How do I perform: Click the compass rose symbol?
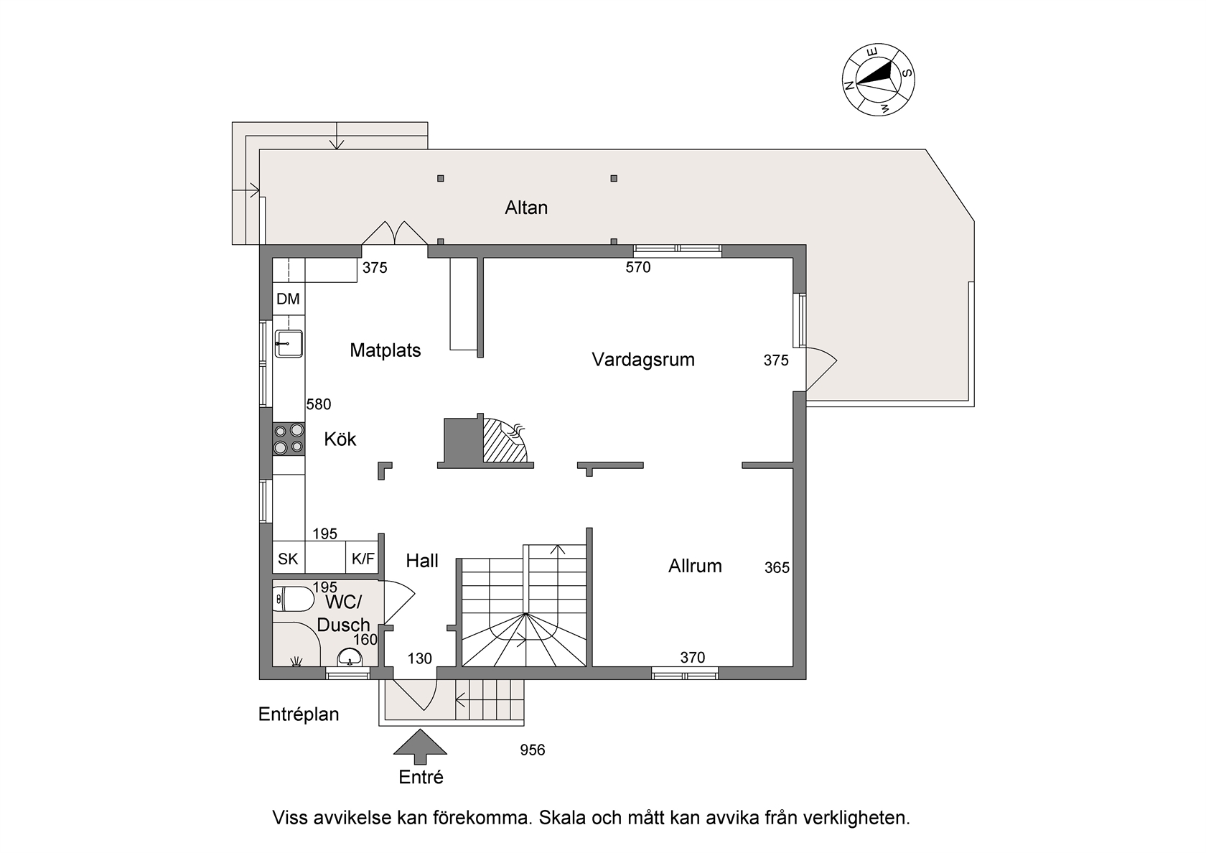point(878,80)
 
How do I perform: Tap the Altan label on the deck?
point(526,208)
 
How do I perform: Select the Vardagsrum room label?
point(643,360)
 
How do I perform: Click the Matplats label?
point(385,350)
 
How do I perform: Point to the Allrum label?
point(695,566)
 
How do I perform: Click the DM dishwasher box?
point(289,299)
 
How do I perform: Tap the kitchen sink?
point(289,343)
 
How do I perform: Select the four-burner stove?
point(289,439)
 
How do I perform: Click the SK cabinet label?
point(288,559)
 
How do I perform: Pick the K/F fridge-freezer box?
point(363,558)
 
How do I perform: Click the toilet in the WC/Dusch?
point(293,599)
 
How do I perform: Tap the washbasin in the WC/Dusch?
point(350,658)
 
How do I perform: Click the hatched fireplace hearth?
point(504,441)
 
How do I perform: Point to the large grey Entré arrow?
point(420,747)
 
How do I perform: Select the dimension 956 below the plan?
point(533,750)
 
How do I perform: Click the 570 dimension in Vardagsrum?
point(638,267)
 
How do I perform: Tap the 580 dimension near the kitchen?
point(319,404)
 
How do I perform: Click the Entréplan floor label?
point(299,714)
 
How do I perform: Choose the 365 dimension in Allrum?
point(777,567)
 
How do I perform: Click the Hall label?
point(422,561)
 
